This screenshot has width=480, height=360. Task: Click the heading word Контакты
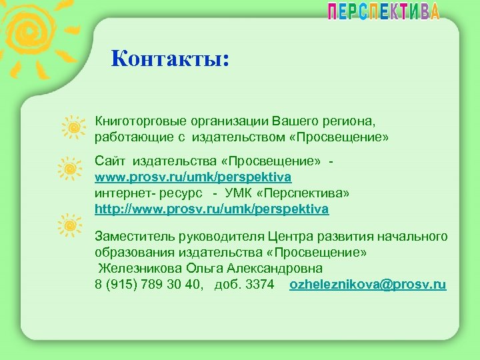pos(170,59)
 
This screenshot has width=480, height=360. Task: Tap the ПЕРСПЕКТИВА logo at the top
pos(383,12)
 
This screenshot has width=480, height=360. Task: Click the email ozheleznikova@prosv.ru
pos(368,285)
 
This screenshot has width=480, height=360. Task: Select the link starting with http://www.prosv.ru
pos(211,209)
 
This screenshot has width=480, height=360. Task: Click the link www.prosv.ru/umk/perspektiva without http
pos(193,177)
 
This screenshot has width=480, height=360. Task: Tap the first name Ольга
pos(202,269)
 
